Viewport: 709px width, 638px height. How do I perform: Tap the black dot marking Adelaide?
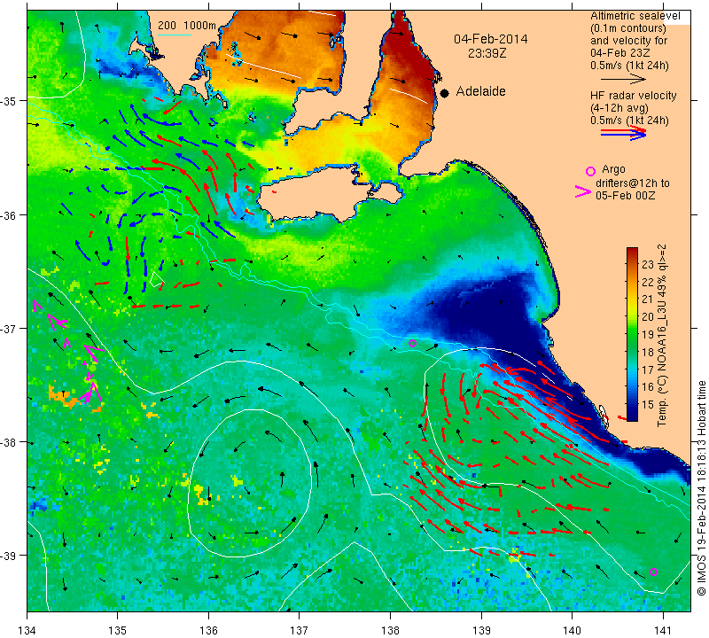click(444, 92)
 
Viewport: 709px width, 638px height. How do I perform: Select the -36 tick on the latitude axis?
click(12, 214)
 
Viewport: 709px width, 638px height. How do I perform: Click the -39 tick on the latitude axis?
click(12, 556)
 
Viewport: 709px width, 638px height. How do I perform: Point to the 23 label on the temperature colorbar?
click(647, 264)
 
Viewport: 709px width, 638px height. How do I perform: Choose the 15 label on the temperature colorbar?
click(647, 403)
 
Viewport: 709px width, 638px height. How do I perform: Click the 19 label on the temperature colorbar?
click(647, 333)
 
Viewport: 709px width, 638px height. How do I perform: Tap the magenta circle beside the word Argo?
click(590, 170)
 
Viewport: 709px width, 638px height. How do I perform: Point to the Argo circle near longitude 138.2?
click(412, 343)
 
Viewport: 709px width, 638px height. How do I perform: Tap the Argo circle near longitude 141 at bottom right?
click(653, 572)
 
